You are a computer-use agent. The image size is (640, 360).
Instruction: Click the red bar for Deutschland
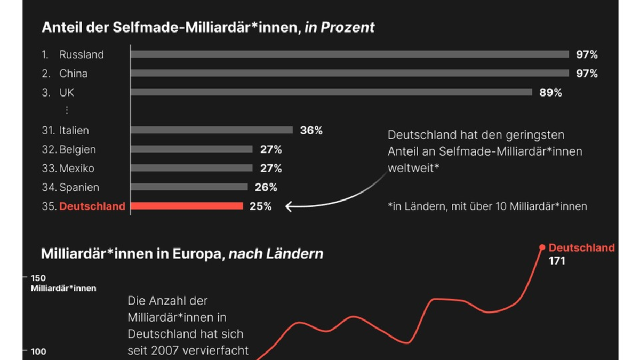point(187,206)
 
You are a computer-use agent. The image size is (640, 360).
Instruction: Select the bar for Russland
point(349,54)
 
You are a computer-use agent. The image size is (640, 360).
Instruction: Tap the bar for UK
point(331,92)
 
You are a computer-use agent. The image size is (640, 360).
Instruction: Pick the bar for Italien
point(212,130)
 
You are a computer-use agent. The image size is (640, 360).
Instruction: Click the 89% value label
point(550,92)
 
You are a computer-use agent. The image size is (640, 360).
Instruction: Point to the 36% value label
point(311,130)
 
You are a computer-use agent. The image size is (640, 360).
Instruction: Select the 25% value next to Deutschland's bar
point(260,206)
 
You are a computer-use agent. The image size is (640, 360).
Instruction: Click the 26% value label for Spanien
point(266,187)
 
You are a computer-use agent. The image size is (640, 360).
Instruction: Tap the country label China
point(73,74)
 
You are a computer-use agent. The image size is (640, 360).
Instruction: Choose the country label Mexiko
point(77,169)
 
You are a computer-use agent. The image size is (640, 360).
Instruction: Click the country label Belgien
point(77,149)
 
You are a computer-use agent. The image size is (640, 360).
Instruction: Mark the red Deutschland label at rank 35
point(92,206)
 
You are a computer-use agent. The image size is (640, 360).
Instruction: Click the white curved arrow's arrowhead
point(289,206)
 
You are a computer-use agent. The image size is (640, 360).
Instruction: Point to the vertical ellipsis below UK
point(67,110)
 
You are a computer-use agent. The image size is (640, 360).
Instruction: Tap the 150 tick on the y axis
point(38,278)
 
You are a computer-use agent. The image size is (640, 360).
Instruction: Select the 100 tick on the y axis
point(38,351)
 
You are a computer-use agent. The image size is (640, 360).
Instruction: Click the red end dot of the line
point(542,247)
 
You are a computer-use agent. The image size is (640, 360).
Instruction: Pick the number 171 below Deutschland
point(557,261)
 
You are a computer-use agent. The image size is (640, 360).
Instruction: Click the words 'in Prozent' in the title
point(339,28)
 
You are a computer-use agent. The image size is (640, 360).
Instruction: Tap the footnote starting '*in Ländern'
point(487,206)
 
